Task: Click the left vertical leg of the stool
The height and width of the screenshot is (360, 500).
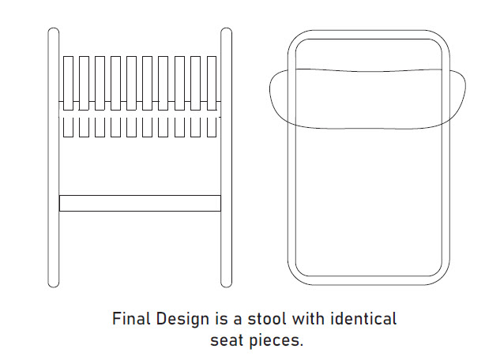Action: point(53,158)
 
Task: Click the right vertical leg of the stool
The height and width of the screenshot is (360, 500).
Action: point(226,158)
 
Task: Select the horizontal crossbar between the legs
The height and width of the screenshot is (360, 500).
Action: point(140,203)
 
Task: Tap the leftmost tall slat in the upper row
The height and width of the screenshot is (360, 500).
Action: point(68,82)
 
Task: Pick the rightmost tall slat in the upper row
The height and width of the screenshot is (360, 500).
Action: point(212,82)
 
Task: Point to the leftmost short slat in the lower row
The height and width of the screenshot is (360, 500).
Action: point(68,126)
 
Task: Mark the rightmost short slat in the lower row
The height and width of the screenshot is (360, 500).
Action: point(212,126)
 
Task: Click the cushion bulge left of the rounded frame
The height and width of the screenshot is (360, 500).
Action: point(278,98)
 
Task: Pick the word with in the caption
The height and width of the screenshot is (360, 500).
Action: point(310,320)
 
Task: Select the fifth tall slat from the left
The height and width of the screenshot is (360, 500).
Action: point(132,82)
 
